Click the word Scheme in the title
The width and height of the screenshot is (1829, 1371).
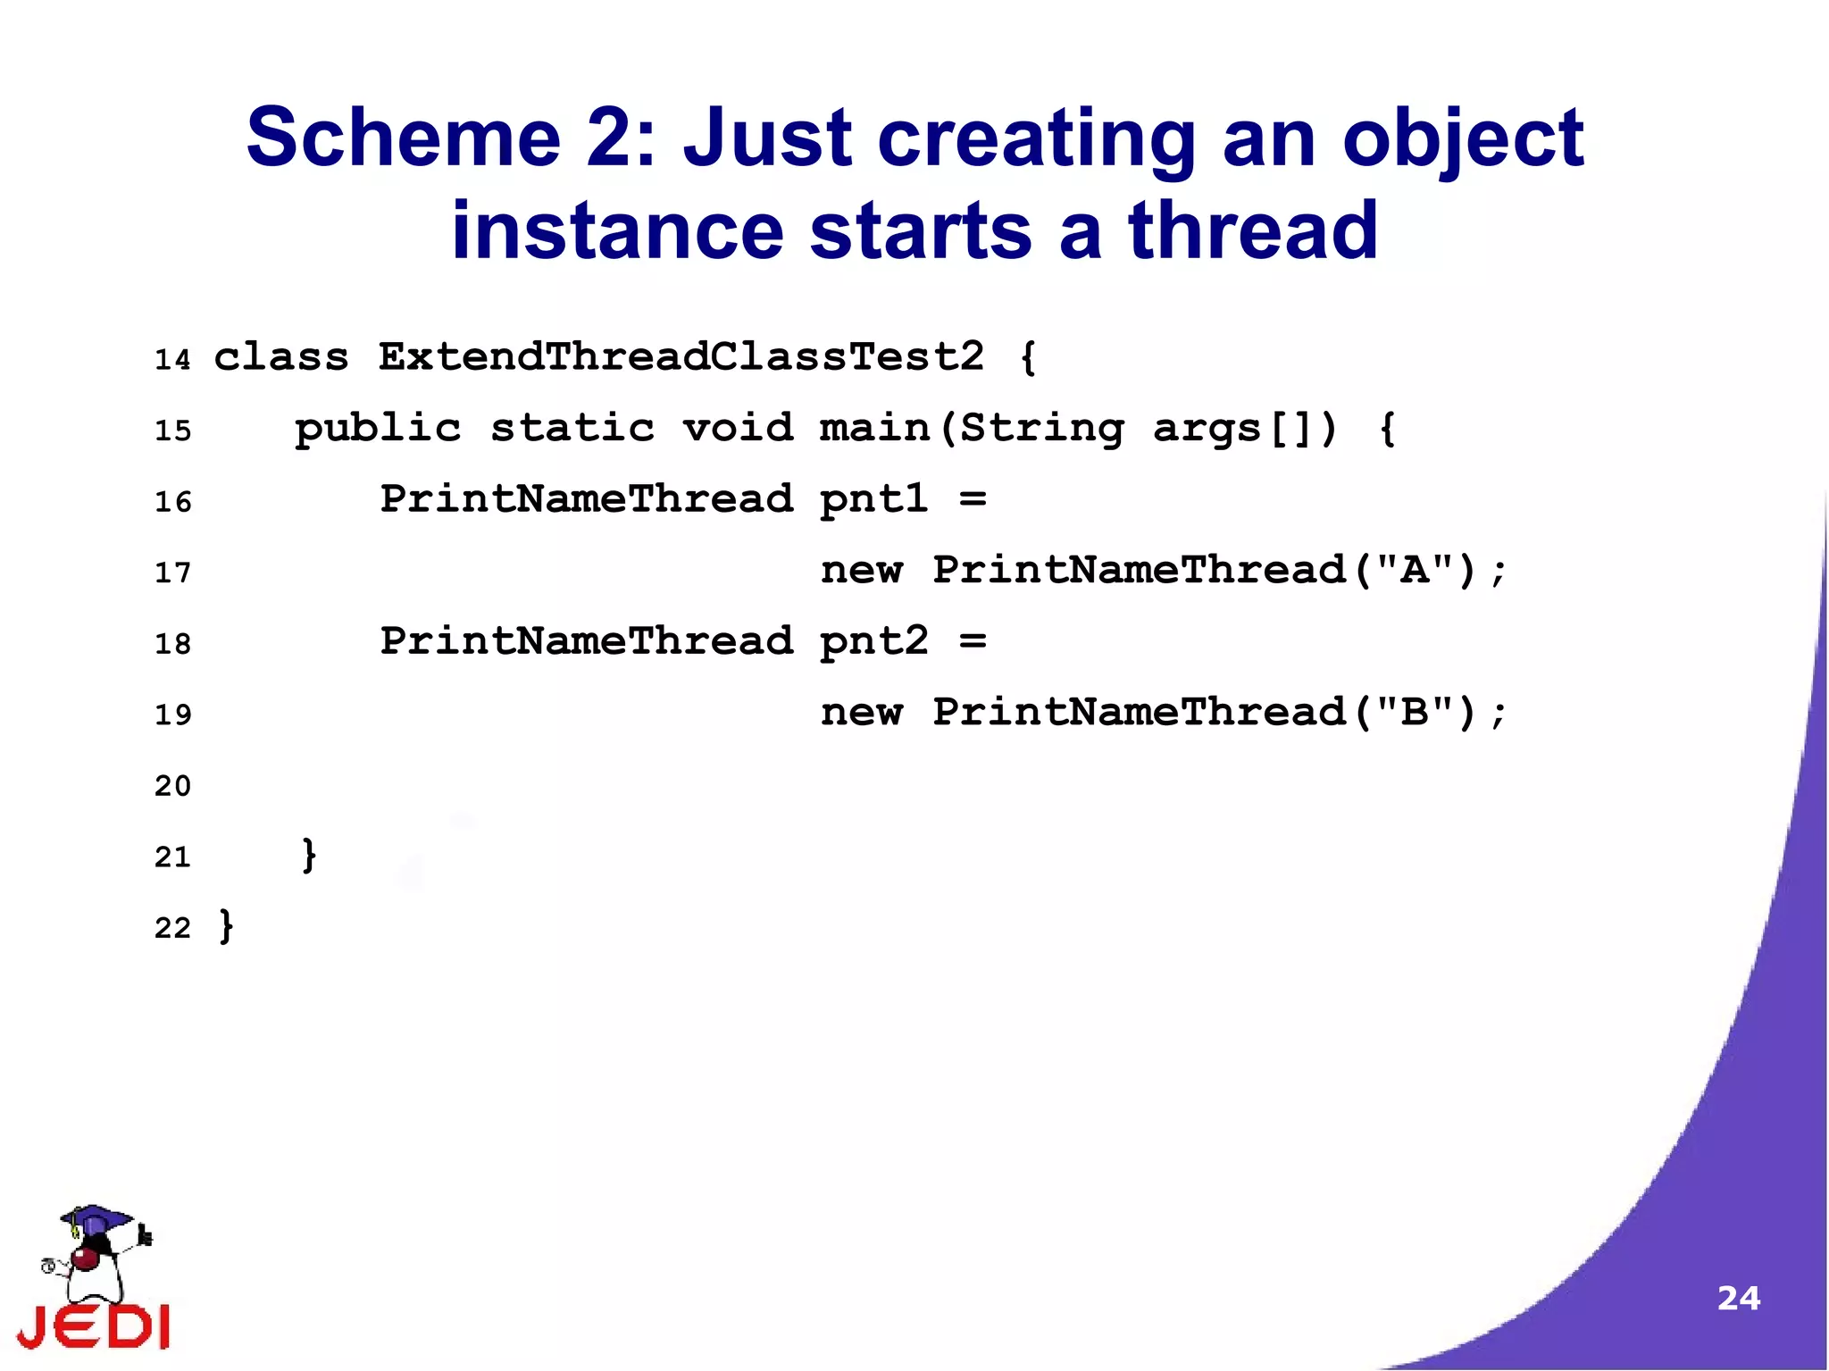pos(403,138)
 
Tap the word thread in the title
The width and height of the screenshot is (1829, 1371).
pos(1253,230)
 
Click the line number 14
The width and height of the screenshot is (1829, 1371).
pos(172,360)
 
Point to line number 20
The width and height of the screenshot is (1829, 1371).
pos(172,786)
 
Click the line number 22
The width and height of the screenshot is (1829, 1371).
pos(172,928)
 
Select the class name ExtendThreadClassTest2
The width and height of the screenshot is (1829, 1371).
pos(681,357)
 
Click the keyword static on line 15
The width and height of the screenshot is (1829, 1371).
pos(572,428)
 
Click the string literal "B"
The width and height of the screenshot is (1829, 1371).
pos(1415,711)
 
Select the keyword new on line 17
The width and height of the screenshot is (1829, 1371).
pos(862,571)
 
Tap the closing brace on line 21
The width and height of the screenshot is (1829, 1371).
pos(309,855)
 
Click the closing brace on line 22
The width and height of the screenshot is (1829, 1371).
pos(227,926)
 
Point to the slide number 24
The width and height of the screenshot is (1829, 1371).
pos(1738,1298)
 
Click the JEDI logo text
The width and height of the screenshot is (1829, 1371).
pos(94,1326)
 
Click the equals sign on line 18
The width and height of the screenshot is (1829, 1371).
pos(973,641)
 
